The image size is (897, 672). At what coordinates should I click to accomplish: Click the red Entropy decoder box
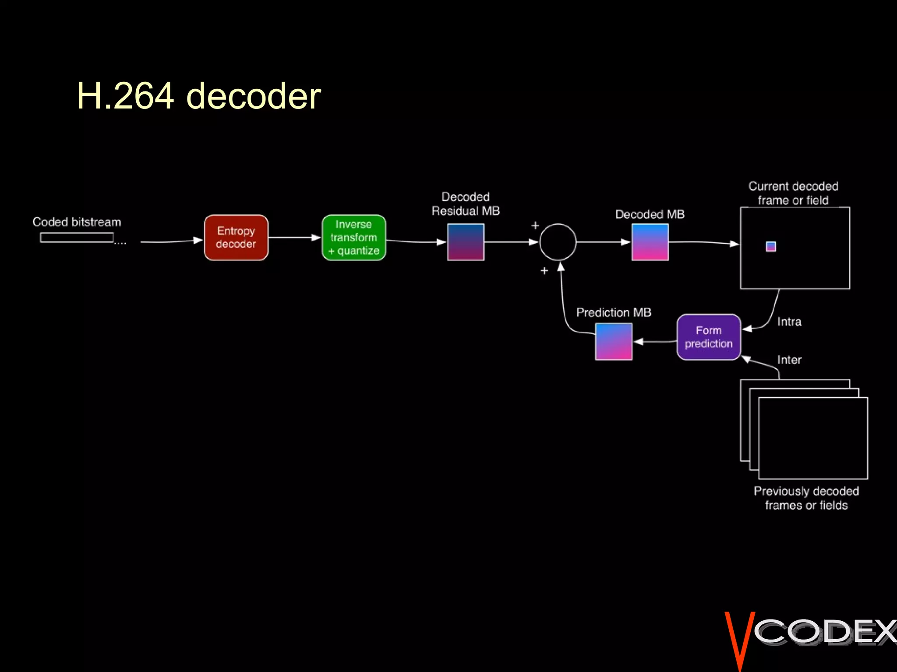236,238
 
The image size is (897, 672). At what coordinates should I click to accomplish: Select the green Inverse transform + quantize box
354,238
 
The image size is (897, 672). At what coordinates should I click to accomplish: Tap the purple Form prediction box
709,337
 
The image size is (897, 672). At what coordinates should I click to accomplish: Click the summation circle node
558,242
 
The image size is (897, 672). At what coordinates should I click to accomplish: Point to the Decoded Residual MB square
466,242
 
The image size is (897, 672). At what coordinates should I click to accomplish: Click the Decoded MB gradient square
650,242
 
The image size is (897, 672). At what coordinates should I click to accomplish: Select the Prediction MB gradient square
614,342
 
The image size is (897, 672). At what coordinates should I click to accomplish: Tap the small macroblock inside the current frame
771,247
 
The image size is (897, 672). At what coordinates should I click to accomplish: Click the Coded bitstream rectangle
77,238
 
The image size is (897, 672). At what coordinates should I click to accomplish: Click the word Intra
789,322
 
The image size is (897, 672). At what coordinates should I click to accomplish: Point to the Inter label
789,360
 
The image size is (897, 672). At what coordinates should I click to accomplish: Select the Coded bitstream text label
77,222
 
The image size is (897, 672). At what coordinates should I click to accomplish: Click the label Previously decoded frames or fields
806,498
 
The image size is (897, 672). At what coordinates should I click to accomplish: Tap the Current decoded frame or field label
793,193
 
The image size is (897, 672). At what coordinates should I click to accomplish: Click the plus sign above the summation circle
535,226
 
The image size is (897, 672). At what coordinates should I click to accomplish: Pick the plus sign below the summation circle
544,271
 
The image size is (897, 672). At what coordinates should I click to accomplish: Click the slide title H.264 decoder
199,96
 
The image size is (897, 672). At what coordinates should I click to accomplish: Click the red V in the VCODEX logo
739,639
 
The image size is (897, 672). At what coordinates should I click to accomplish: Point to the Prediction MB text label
614,312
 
